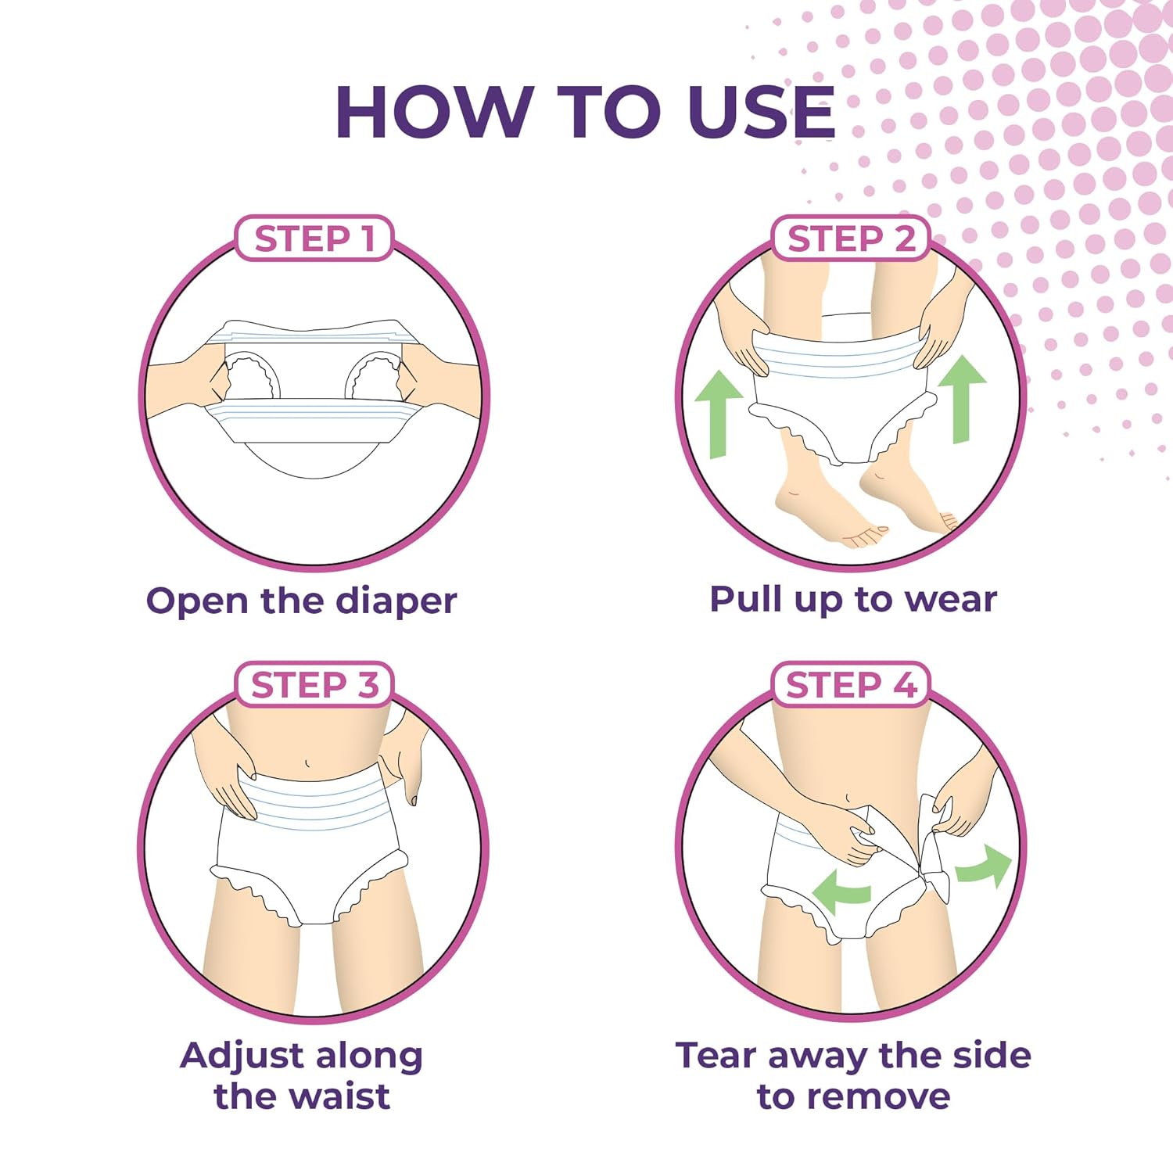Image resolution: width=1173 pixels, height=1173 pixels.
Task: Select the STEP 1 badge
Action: click(314, 239)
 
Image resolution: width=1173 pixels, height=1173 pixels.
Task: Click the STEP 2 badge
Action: click(851, 239)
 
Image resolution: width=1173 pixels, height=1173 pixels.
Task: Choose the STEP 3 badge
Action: click(314, 685)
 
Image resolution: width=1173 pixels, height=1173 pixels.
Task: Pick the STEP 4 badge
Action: click(851, 685)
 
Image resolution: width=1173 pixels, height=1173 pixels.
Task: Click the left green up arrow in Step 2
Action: click(719, 414)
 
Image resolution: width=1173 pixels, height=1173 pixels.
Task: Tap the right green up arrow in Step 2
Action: click(963, 399)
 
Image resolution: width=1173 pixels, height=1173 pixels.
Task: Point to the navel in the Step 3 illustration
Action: click(307, 762)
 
